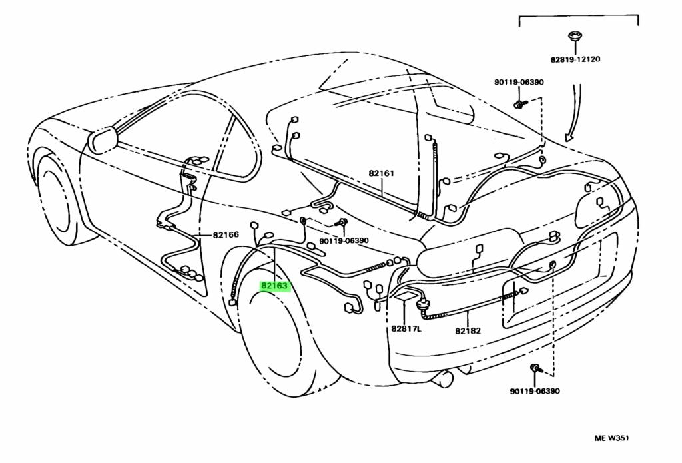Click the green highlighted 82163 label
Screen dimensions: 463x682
(274, 286)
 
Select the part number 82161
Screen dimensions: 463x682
(382, 173)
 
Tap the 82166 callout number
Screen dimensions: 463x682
(226, 234)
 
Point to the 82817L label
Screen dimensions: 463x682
(406, 329)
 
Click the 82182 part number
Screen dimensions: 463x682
(468, 330)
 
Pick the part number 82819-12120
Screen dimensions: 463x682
(575, 59)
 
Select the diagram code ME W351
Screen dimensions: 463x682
(612, 438)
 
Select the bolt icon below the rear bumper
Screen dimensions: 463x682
(535, 368)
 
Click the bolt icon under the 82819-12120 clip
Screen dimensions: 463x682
(519, 105)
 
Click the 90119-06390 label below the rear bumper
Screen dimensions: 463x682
(535, 391)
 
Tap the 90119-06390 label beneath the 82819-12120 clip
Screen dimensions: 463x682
(519, 82)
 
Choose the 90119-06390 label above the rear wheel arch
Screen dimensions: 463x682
(344, 241)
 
